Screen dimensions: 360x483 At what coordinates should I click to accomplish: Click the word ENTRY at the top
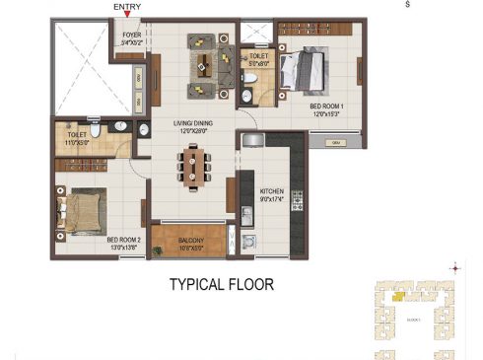[x=126, y=7]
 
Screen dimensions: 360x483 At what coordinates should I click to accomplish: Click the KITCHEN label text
[x=272, y=191]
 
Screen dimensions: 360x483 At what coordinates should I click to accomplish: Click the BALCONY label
[x=190, y=240]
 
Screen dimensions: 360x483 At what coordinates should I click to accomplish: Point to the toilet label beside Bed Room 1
[x=258, y=57]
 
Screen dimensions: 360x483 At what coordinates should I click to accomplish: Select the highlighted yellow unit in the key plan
[x=399, y=293]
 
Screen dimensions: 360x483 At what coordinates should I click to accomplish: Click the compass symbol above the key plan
[x=454, y=267]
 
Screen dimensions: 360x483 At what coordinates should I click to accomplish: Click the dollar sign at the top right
[x=406, y=5]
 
